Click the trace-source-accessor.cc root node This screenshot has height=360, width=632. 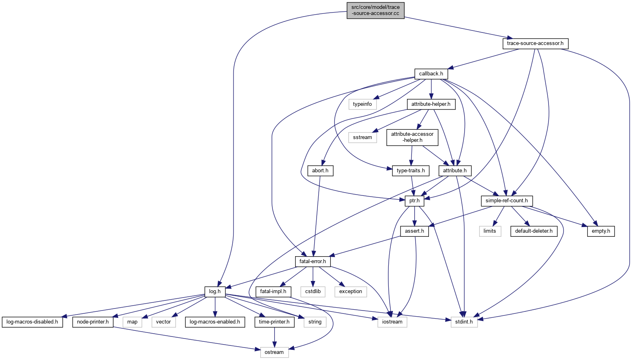(x=375, y=10)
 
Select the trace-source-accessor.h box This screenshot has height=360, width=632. (x=535, y=43)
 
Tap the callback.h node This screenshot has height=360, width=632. (x=431, y=74)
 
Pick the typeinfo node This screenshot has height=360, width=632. (x=362, y=104)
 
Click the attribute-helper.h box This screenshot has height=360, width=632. (x=431, y=104)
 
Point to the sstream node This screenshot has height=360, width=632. (x=362, y=137)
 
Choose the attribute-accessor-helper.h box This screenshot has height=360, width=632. (x=412, y=137)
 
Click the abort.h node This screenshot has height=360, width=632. (x=320, y=171)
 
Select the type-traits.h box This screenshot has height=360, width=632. (x=411, y=171)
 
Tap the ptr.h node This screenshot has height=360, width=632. (x=414, y=201)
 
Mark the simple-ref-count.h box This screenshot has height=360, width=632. (x=506, y=201)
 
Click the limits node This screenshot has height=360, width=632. (x=490, y=231)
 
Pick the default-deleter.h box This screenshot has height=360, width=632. (x=533, y=231)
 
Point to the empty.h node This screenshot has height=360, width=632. (x=601, y=231)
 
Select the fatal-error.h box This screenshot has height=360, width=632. (x=313, y=261)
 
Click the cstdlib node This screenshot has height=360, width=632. (x=313, y=291)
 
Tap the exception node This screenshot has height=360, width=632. (x=350, y=291)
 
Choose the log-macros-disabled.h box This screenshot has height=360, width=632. (x=32, y=322)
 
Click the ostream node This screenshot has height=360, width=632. (x=274, y=352)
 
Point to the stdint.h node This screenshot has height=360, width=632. (x=464, y=322)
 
